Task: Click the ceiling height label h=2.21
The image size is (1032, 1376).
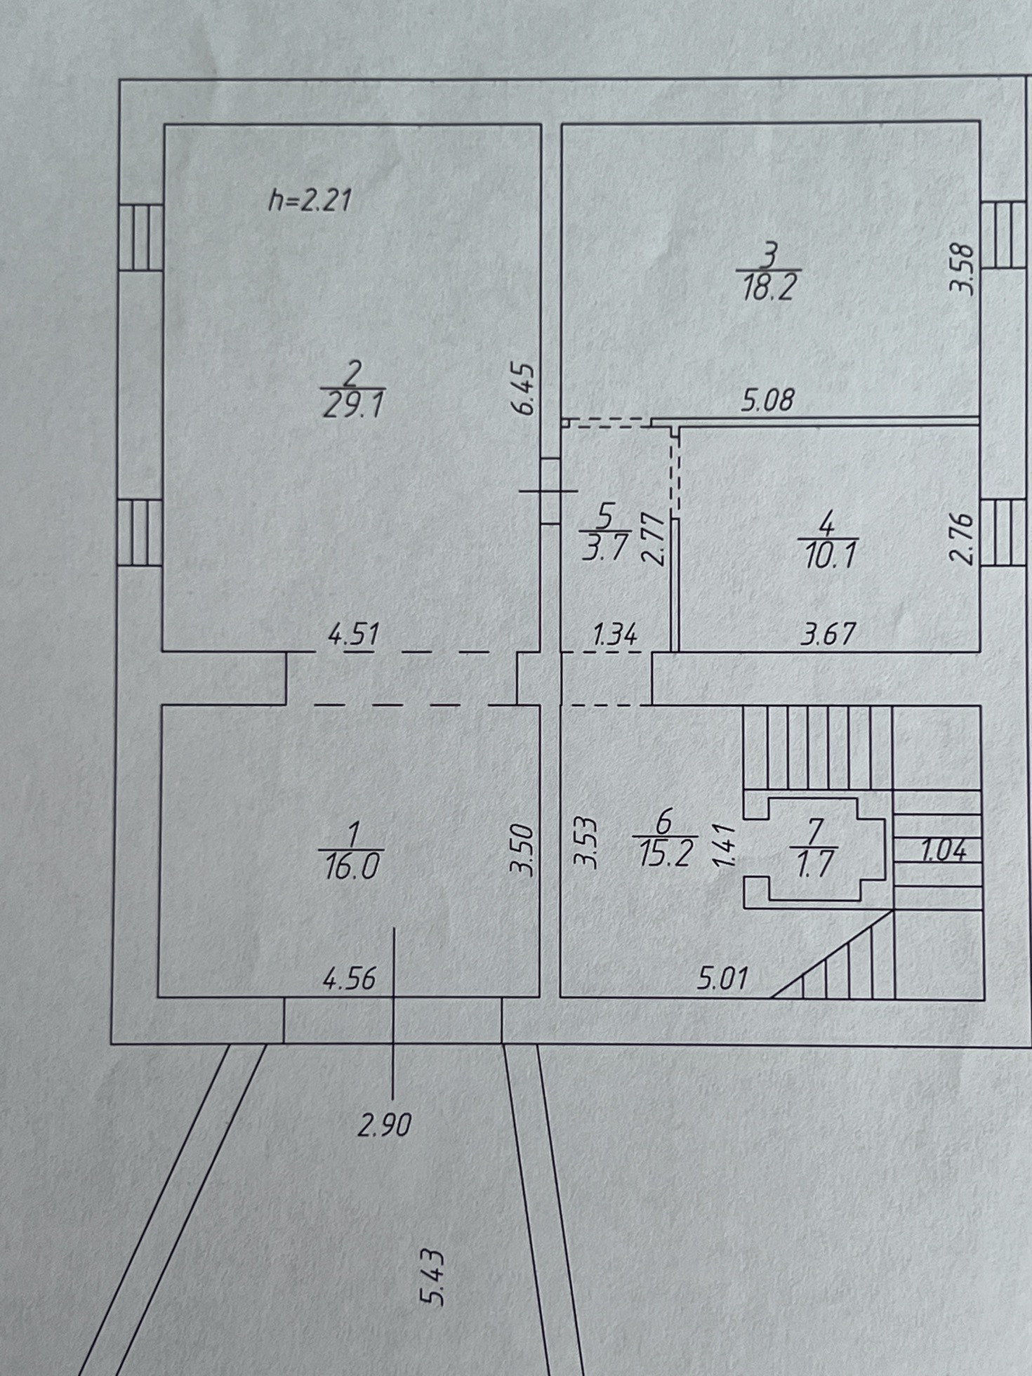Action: coord(309,201)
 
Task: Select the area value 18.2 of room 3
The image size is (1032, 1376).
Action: coord(769,288)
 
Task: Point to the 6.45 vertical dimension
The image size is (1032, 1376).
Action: coord(526,389)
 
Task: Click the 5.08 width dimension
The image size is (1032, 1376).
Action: coord(768,399)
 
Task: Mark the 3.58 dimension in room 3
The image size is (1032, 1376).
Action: coord(962,269)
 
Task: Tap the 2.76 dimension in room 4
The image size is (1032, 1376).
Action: coord(962,538)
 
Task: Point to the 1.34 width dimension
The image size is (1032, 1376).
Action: coord(614,635)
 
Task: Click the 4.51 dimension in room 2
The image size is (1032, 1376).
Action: coord(353,635)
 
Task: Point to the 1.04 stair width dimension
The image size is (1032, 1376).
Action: coord(943,851)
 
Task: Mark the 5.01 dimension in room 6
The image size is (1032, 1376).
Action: coord(722,978)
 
